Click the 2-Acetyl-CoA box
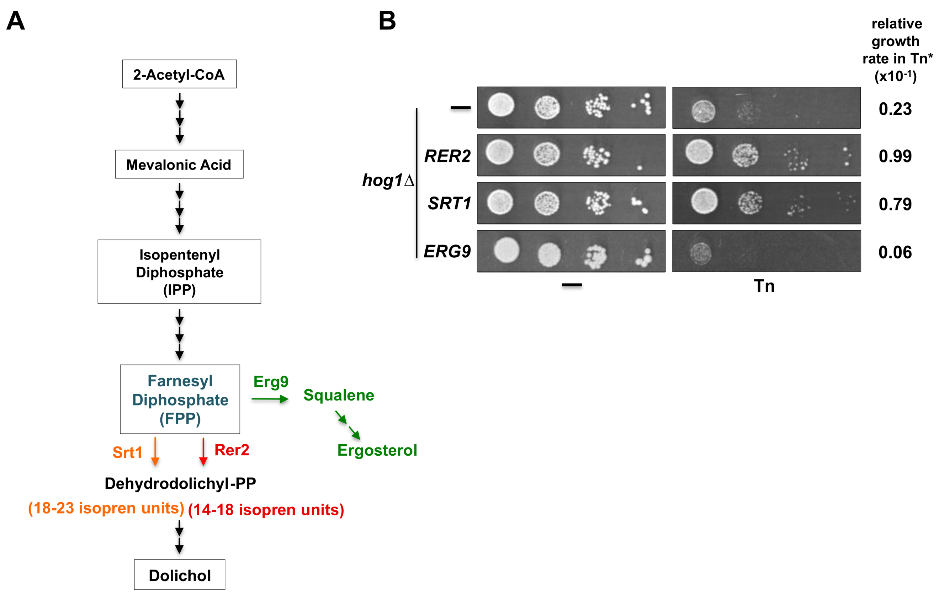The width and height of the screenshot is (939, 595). click(x=179, y=74)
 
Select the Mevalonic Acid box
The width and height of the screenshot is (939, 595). click(x=179, y=165)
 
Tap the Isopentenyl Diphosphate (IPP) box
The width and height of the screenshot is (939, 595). click(x=179, y=272)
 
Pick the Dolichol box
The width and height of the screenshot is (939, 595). click(x=179, y=575)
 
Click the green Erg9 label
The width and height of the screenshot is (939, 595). click(x=271, y=381)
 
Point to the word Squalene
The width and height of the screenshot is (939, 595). click(x=339, y=395)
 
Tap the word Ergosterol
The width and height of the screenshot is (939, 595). click(x=377, y=450)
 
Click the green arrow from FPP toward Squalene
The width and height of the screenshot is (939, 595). click(x=270, y=398)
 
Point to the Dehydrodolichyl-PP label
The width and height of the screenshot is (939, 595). click(x=180, y=483)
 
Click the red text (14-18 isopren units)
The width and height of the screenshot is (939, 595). click(x=266, y=510)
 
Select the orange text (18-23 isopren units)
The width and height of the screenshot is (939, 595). click(x=106, y=508)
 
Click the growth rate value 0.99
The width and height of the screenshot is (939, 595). click(x=895, y=156)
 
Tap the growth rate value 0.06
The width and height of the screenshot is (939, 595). click(x=895, y=252)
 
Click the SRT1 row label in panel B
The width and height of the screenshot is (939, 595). click(x=449, y=203)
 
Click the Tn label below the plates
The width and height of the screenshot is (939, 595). click(x=764, y=286)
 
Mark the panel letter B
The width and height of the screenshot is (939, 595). click(x=387, y=21)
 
